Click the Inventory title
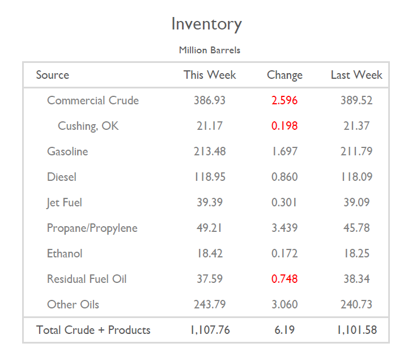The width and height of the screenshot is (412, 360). click(206, 24)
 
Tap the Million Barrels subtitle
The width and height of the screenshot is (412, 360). click(209, 50)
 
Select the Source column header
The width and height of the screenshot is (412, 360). click(52, 75)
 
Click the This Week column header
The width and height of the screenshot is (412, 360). click(210, 75)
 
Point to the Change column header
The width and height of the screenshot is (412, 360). click(284, 75)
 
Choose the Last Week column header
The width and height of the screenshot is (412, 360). click(356, 75)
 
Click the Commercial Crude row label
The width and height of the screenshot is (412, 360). click(92, 100)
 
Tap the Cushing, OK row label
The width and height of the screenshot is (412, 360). click(88, 126)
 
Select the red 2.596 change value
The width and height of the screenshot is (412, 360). click(284, 100)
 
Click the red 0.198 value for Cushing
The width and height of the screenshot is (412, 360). click(284, 126)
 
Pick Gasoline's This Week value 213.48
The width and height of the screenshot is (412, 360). click(210, 151)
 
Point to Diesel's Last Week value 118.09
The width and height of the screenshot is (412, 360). click(356, 177)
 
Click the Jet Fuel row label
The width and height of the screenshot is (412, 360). click(65, 202)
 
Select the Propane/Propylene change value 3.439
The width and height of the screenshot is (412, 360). click(284, 228)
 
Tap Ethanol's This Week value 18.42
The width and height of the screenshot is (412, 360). click(210, 253)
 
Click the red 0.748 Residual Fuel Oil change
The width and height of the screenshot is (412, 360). click(284, 279)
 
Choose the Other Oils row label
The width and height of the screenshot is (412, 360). click(73, 304)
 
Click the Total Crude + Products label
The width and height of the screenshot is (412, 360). click(94, 330)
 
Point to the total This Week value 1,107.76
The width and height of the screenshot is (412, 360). click(210, 330)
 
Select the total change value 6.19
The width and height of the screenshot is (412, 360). click(284, 330)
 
